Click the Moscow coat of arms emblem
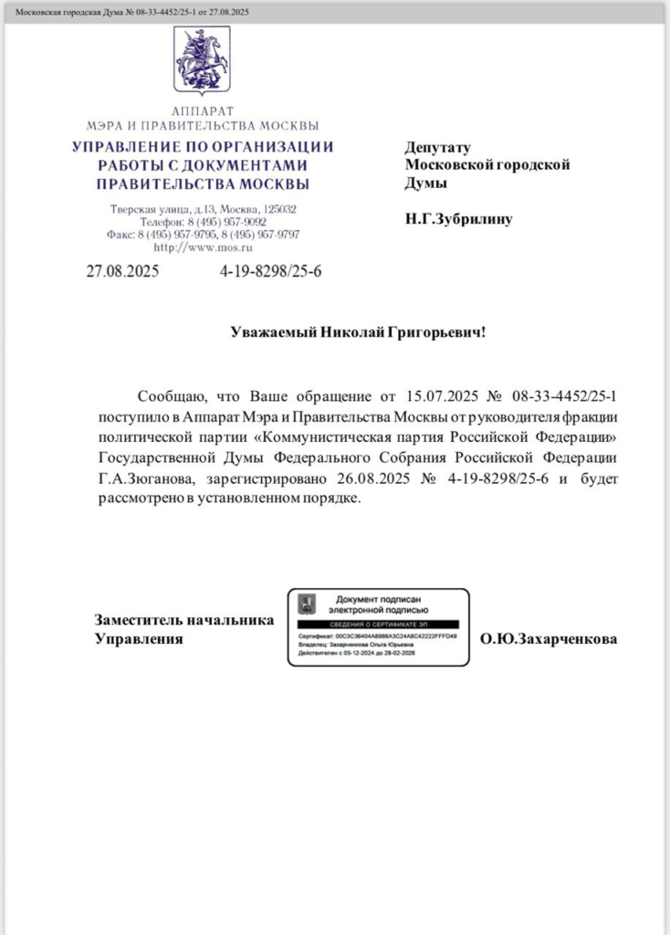coord(203,60)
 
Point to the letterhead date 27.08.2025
coord(122,271)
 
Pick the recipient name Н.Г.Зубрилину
coord(458,219)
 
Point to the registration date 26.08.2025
coord(407,478)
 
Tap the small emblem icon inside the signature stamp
coord(309,603)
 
